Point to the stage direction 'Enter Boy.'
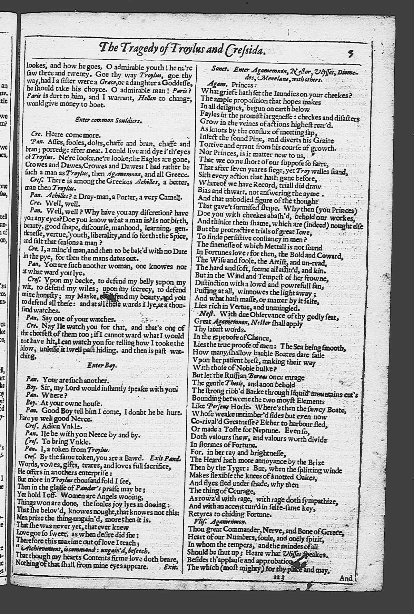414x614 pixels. (x=102, y=365)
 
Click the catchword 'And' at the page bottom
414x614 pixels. (x=346, y=578)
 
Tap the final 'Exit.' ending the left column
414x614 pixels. (x=171, y=567)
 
